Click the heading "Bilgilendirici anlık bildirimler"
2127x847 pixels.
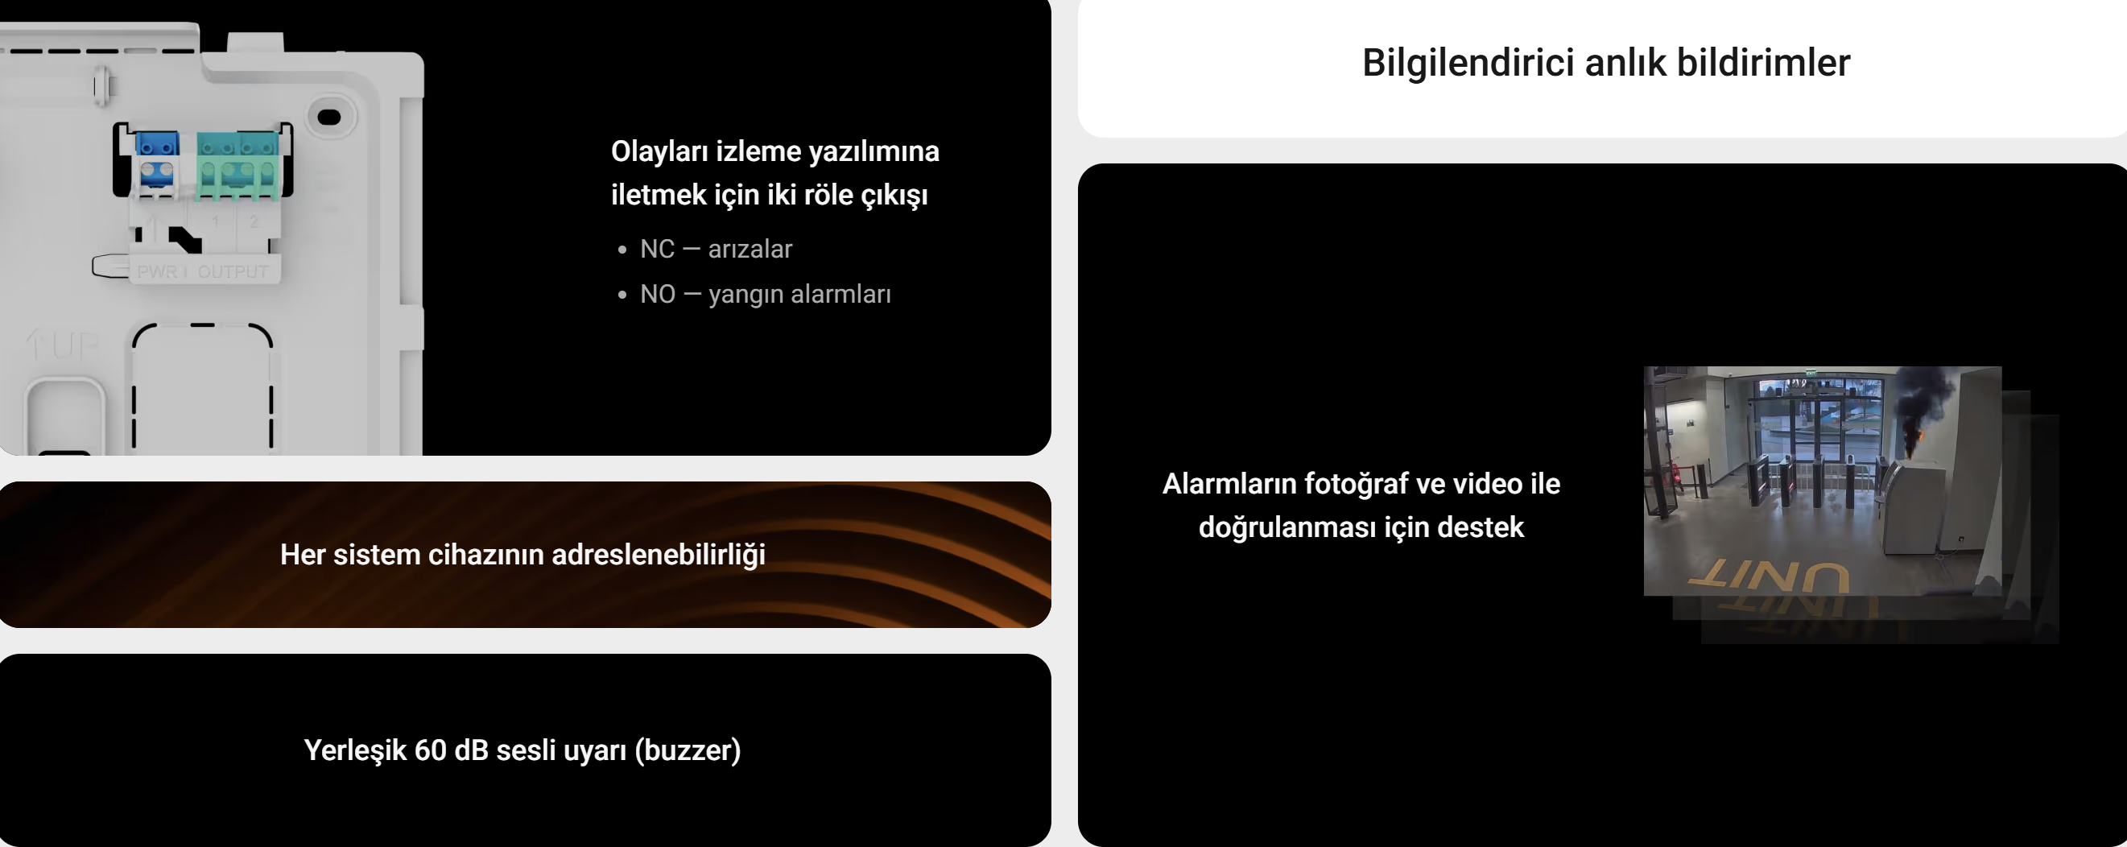(x=1606, y=63)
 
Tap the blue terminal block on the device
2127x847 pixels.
(x=157, y=161)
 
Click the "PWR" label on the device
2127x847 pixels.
(x=157, y=271)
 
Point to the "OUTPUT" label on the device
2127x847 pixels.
(x=233, y=271)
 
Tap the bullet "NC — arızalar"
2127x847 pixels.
(x=716, y=249)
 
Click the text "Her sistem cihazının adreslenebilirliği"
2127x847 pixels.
(x=522, y=555)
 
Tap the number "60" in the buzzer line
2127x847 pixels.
(x=430, y=750)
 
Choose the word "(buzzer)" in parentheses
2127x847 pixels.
(x=688, y=750)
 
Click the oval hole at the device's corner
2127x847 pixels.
(x=329, y=118)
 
